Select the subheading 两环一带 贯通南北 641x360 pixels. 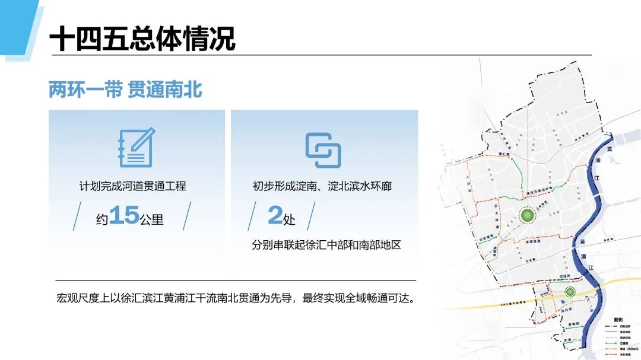(125, 90)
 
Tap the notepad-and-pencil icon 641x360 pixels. (137, 148)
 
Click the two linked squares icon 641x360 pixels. (323, 150)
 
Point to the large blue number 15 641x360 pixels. (124, 215)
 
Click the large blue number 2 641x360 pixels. (275, 215)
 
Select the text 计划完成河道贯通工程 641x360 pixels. (132, 186)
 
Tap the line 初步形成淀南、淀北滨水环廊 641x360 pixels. (322, 186)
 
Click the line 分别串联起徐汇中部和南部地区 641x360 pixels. (326, 244)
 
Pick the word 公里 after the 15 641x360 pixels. (151, 219)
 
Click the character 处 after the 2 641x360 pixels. (290, 219)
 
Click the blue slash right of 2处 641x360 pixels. (310, 216)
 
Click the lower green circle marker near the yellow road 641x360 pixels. (570, 292)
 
